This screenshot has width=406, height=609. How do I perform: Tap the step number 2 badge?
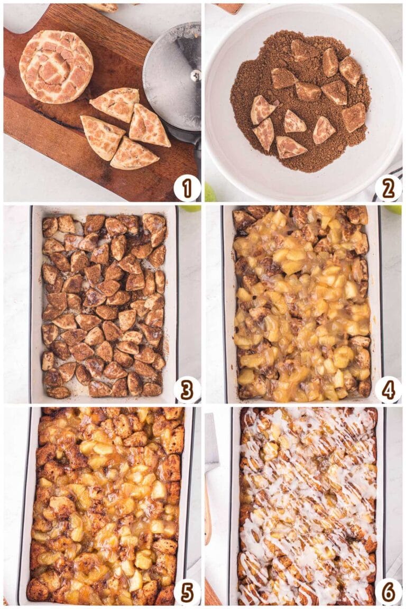click(x=389, y=188)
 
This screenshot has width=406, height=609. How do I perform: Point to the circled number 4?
click(x=389, y=390)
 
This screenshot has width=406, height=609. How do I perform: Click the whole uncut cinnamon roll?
click(x=56, y=66)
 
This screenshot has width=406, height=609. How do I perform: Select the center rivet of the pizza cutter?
click(x=196, y=75)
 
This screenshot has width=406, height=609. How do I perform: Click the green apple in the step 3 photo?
click(x=190, y=208)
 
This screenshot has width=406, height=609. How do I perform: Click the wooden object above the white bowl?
click(x=228, y=8)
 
